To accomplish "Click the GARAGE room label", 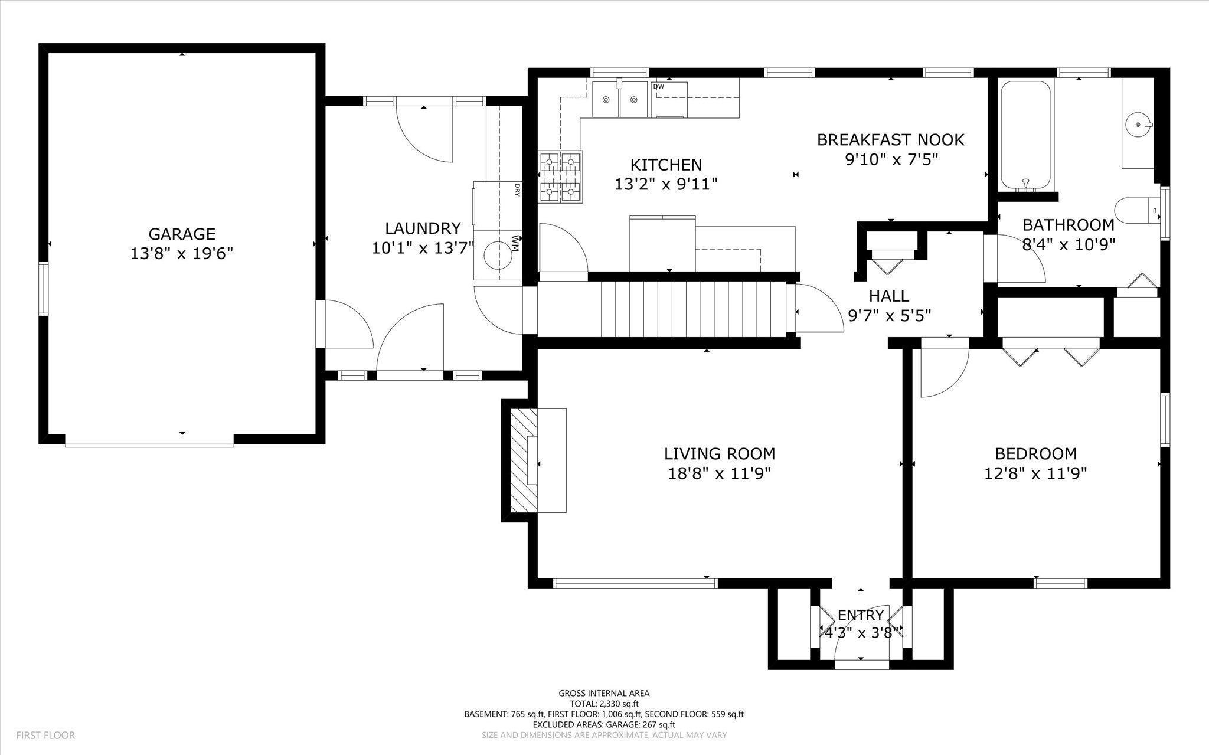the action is point(181,234).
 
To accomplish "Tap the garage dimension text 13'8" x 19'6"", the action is point(181,253).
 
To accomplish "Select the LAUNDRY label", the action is point(423,228).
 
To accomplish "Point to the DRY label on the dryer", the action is point(517,189).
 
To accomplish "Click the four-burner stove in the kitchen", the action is point(560,177).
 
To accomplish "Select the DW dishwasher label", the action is point(659,87).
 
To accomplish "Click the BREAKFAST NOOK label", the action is point(890,140).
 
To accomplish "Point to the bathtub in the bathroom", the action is point(1025,135).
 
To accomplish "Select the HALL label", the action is point(888,296).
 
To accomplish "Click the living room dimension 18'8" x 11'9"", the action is point(720,473).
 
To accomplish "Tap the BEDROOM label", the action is point(1035,454).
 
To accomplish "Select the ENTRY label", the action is point(861,615).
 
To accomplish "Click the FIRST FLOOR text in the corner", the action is point(45,736).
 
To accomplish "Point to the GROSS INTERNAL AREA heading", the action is point(604,694).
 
